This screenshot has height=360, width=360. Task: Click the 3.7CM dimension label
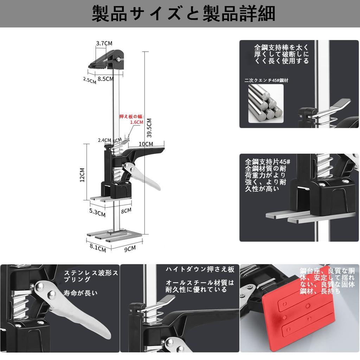(x=104, y=43)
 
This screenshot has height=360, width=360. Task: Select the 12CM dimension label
(x=82, y=174)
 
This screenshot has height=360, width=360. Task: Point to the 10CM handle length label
(x=146, y=144)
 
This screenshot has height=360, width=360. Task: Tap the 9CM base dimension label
(x=129, y=248)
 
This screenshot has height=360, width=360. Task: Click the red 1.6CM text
(x=137, y=122)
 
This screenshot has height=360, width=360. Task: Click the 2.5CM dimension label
(x=89, y=80)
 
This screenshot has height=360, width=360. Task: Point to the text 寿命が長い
(x=81, y=292)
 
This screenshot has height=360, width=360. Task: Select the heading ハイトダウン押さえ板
(x=200, y=270)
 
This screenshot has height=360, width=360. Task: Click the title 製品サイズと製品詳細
(x=183, y=14)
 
